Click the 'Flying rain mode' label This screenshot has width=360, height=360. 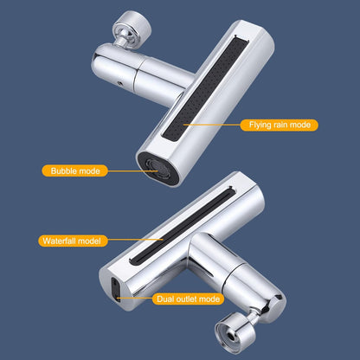279,125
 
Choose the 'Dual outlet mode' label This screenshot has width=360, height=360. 187,299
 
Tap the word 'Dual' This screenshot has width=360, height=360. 164,299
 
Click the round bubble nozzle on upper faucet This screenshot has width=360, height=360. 151,167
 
